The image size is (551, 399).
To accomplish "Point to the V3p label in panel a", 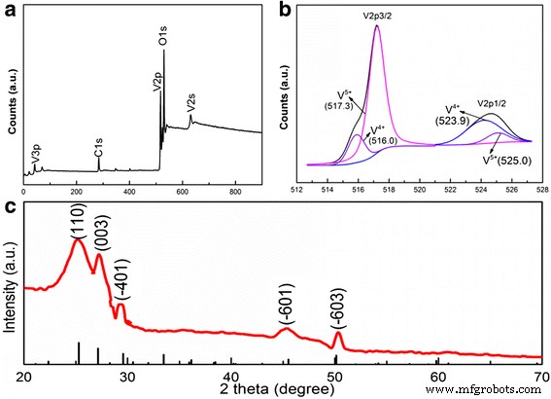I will (x=36, y=151).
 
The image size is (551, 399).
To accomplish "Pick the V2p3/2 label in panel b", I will (x=374, y=17).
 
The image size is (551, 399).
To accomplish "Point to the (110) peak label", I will (x=80, y=222).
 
